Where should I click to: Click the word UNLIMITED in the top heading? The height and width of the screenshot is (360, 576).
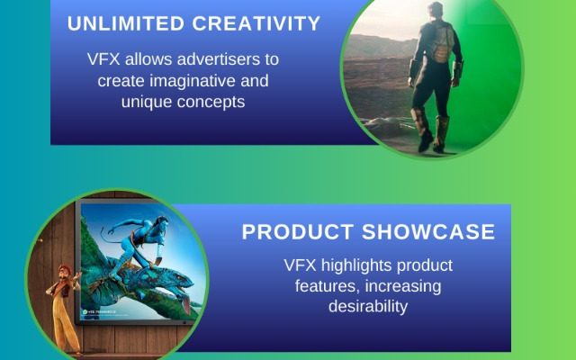(126, 23)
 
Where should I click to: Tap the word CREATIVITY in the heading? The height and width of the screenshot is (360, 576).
(256, 23)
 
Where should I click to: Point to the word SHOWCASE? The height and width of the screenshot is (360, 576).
(428, 232)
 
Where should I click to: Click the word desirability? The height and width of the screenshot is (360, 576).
(368, 306)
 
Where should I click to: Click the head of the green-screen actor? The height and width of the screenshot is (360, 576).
(436, 9)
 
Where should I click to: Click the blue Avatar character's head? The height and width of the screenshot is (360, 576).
(161, 222)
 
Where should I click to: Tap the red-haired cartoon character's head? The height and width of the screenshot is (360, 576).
(65, 272)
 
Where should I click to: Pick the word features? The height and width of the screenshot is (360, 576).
(328, 286)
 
